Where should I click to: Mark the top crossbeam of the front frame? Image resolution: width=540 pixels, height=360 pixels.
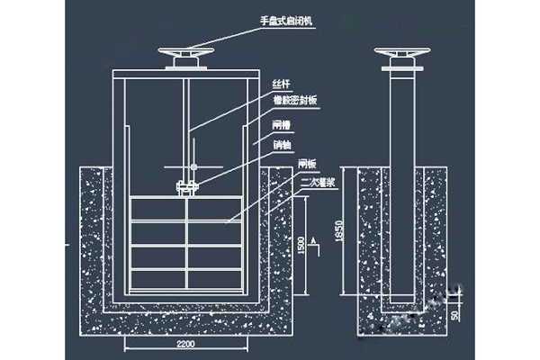tap(186, 71)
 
